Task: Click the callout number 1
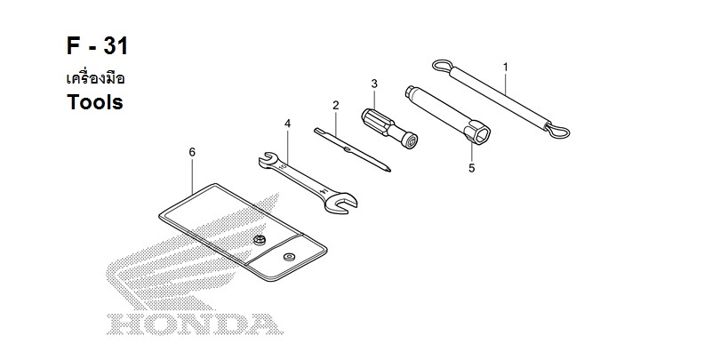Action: point(505,67)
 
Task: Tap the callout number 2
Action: point(336,105)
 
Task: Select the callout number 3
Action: point(374,84)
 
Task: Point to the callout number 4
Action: point(287,123)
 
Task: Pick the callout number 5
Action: point(472,168)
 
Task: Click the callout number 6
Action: point(192,152)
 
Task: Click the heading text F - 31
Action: point(97,46)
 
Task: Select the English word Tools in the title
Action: point(95,102)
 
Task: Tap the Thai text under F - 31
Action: point(95,78)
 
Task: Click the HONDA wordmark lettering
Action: point(195,324)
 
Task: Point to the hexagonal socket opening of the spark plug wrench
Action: point(480,132)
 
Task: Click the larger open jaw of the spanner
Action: point(341,203)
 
